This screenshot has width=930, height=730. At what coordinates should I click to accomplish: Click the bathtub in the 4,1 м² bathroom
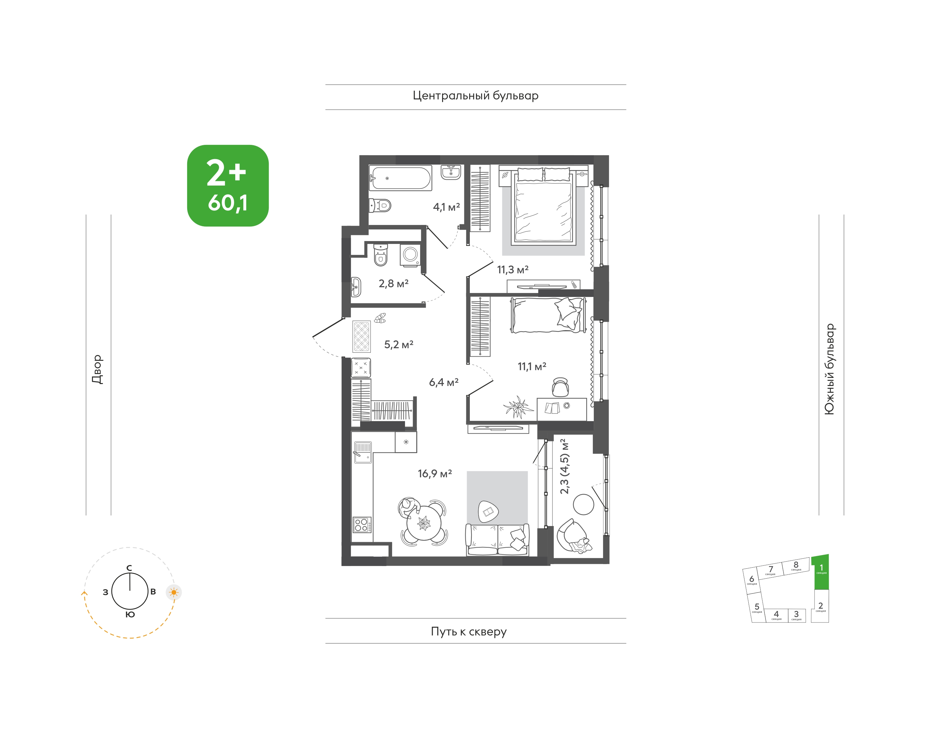(x=400, y=178)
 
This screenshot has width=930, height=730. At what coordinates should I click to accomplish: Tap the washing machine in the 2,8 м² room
(x=410, y=255)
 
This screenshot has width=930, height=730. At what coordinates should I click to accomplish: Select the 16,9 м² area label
(x=435, y=473)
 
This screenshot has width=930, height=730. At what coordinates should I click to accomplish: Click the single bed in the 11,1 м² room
(x=548, y=315)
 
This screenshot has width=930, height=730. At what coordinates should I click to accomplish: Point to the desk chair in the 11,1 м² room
(x=560, y=387)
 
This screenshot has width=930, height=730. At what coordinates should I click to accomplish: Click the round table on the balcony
(x=583, y=504)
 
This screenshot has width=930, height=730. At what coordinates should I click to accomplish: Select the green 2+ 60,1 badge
(x=228, y=186)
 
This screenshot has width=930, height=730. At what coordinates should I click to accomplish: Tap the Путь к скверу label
(x=469, y=631)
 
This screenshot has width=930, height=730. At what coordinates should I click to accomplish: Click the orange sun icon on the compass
(x=174, y=593)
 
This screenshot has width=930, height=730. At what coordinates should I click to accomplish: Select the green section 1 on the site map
(x=821, y=572)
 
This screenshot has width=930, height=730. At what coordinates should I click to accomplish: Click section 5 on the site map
(x=757, y=607)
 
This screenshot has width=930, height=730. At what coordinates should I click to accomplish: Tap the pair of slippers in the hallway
(x=380, y=318)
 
